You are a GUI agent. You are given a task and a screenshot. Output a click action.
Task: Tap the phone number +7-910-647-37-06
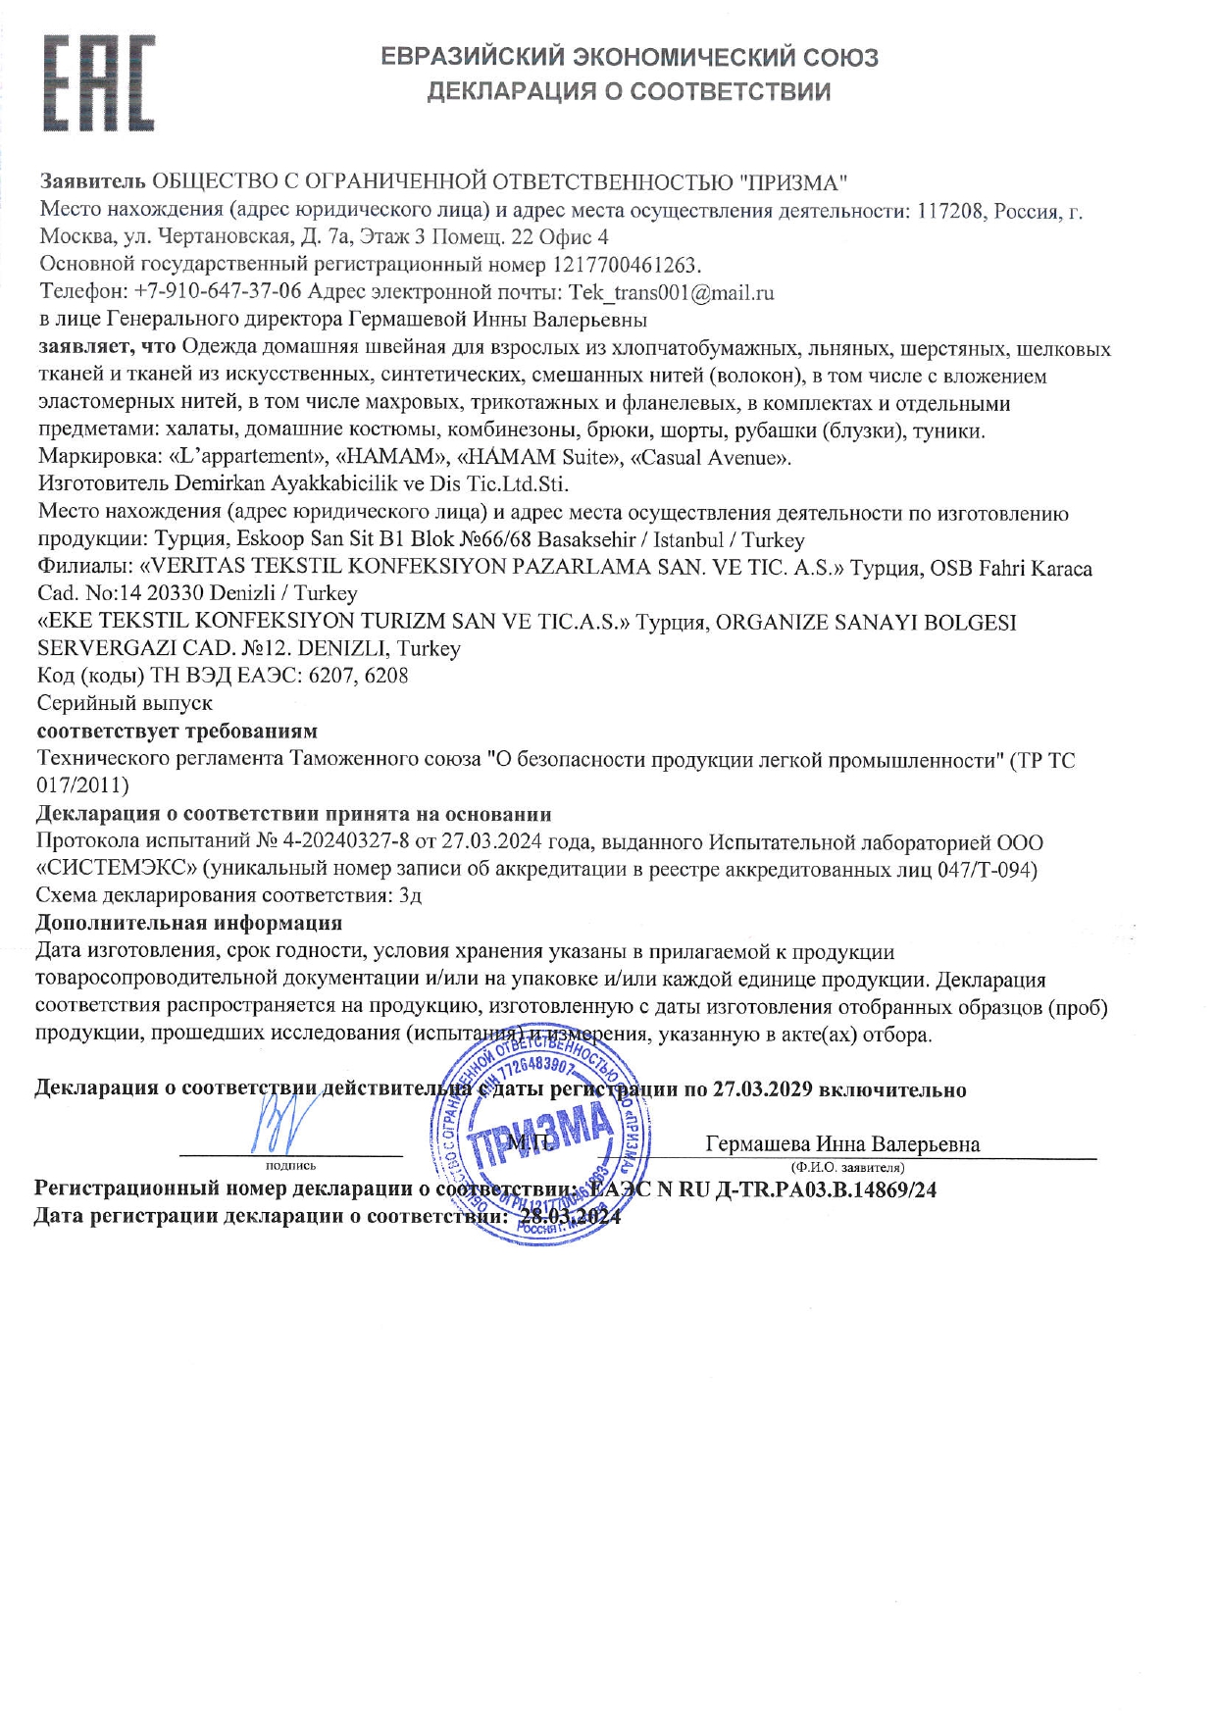click(x=218, y=292)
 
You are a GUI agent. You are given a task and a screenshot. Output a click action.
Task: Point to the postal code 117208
click(x=950, y=211)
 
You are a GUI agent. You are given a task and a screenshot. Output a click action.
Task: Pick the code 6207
click(x=331, y=676)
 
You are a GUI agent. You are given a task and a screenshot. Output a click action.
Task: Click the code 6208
click(x=385, y=676)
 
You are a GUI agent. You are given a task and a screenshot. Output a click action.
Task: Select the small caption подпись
click(x=290, y=1166)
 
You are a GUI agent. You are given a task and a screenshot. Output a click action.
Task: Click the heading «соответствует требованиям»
click(x=177, y=732)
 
